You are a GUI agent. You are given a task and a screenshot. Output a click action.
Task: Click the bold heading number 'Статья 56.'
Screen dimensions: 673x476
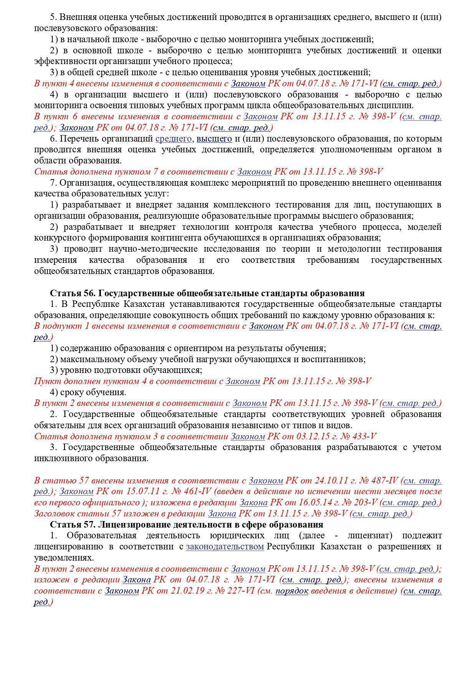pos(73,294)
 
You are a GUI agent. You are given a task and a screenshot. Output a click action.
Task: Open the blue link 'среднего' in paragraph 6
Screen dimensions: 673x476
pos(174,139)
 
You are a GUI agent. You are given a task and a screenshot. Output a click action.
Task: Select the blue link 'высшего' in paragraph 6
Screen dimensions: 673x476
pos(214,139)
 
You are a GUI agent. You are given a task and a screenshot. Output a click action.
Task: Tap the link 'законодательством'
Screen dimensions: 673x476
pos(225,546)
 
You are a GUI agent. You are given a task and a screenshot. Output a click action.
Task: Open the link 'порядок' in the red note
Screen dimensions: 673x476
pos(292,591)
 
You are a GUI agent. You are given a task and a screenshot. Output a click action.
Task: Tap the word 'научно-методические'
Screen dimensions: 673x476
pos(121,249)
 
